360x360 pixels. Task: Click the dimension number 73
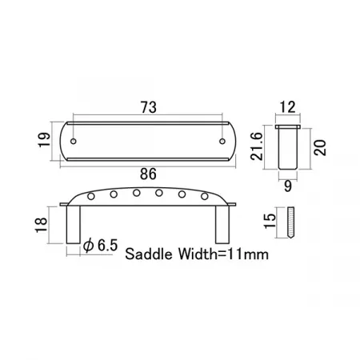point(149,107)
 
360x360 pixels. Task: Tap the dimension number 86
point(148,174)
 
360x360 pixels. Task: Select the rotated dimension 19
point(44,139)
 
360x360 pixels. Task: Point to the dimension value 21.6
point(257,146)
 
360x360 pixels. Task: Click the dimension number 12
point(287,107)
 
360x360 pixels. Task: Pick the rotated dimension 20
point(320,147)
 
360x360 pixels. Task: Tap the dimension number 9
point(288,186)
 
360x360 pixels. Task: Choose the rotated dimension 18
point(42,225)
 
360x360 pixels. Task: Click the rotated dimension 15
point(270,221)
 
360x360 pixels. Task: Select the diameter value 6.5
point(107,246)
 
